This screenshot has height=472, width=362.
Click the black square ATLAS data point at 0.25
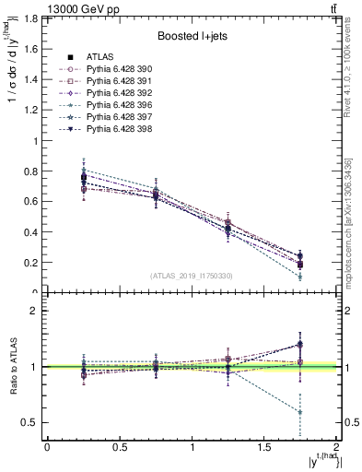coord(84,177)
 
